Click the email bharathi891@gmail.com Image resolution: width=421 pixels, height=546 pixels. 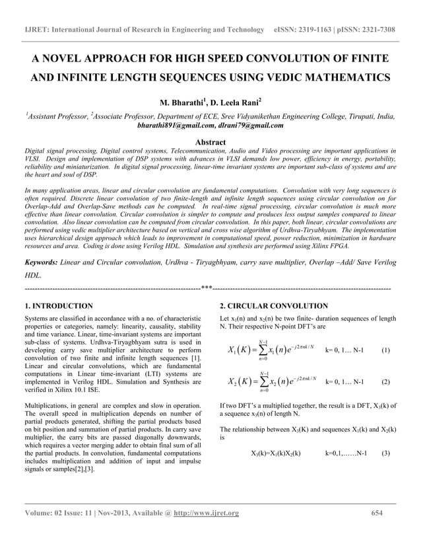(175, 125)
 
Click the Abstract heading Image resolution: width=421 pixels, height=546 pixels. (210, 142)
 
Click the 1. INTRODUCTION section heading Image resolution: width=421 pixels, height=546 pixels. (58, 306)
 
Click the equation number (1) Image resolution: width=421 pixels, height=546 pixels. (385, 350)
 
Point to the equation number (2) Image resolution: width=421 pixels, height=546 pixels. (385, 382)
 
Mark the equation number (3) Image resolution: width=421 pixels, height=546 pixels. (385, 453)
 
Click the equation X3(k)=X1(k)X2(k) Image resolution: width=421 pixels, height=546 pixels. (276, 453)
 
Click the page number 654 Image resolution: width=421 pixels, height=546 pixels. (377, 513)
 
